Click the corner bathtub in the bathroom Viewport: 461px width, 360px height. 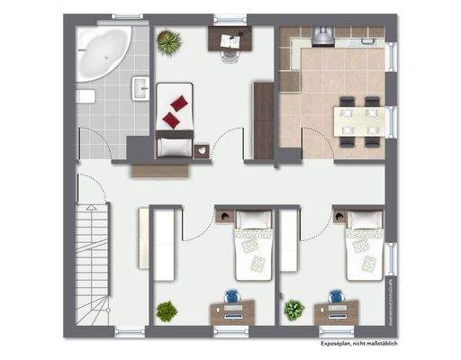click(x=104, y=51)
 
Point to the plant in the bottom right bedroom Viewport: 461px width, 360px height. click(x=294, y=310)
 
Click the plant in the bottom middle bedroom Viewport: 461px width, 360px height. click(x=167, y=310)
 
